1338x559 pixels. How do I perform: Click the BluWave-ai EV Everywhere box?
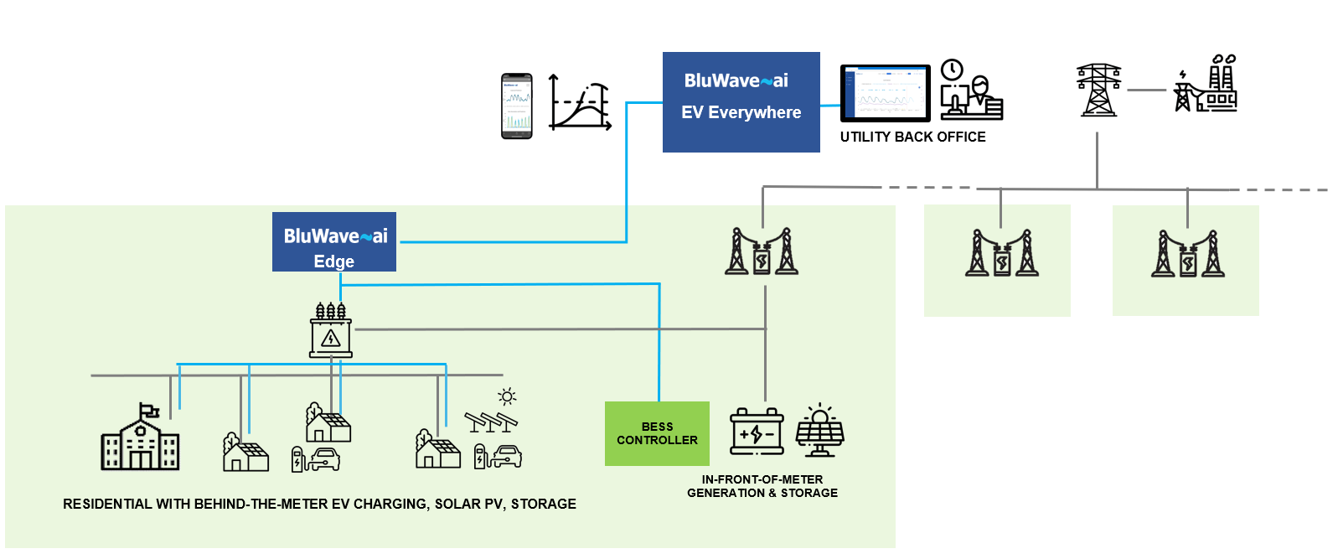click(741, 102)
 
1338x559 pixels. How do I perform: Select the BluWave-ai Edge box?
click(333, 242)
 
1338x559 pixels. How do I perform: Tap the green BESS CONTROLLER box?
click(657, 433)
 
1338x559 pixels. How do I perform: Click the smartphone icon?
click(516, 106)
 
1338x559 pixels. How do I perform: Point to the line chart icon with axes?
click(579, 103)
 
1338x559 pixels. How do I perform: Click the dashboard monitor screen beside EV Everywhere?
click(885, 93)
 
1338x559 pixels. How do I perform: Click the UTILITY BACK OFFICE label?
click(912, 137)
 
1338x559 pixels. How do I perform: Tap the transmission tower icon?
click(1098, 90)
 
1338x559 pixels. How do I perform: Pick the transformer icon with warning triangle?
click(331, 332)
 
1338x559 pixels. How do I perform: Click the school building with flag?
click(140, 437)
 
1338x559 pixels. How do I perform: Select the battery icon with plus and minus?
click(757, 432)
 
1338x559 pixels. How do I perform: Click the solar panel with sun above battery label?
click(819, 430)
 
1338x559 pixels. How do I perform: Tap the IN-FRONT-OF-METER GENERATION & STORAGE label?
click(762, 486)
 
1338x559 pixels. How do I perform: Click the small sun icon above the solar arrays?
click(506, 396)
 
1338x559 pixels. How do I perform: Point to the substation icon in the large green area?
click(761, 252)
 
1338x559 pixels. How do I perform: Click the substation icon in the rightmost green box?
click(1187, 255)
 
